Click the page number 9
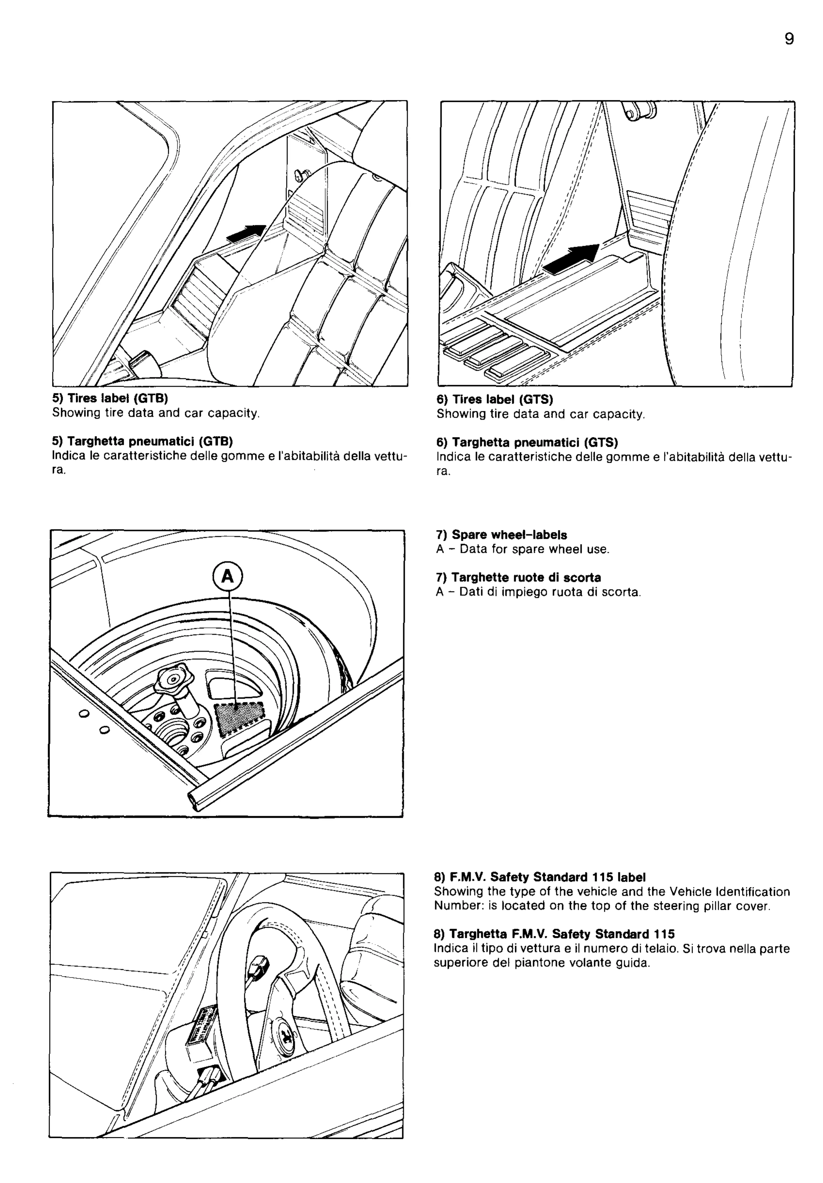coord(789,39)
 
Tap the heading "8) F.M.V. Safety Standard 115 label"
coord(540,877)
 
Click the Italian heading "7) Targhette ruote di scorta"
coord(519,578)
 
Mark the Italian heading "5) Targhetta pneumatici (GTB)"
coord(142,442)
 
